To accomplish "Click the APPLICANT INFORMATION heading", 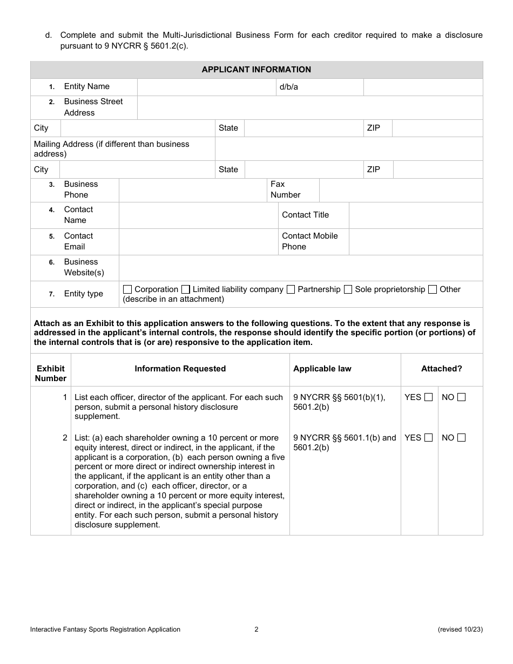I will [x=256, y=70].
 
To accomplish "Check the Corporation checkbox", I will [x=127, y=289].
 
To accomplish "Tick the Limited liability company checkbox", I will [x=186, y=289].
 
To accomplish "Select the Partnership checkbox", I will [x=291, y=289].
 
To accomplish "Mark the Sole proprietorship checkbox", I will [x=348, y=289].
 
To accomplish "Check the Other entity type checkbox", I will [x=433, y=289].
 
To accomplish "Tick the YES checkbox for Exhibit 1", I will [x=428, y=397].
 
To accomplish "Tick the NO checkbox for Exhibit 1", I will [x=461, y=397].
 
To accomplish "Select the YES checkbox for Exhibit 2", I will [x=428, y=438].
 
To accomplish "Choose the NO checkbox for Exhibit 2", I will [x=461, y=438].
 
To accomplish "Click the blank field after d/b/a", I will [x=423, y=87].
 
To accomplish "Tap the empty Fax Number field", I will [x=401, y=190].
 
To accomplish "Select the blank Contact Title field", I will [x=416, y=215].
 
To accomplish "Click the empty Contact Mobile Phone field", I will [x=416, y=241].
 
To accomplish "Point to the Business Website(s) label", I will [x=84, y=268].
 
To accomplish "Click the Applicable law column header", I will [x=322, y=369].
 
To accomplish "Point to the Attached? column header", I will [x=442, y=369].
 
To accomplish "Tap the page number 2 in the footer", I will [x=256, y=629].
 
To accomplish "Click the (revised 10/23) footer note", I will [x=460, y=629].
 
